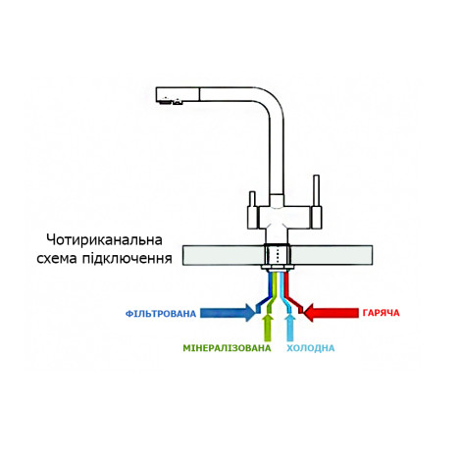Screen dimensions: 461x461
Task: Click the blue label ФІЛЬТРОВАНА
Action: click(x=161, y=314)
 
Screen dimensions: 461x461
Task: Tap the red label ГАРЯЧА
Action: click(x=381, y=313)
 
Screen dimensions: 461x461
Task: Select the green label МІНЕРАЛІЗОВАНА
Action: click(x=227, y=348)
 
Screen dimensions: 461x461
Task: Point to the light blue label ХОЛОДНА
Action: click(x=311, y=348)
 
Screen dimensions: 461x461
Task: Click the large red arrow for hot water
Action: click(x=331, y=313)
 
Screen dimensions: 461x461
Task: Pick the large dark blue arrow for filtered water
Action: click(x=228, y=313)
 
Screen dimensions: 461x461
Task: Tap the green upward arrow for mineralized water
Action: click(x=268, y=328)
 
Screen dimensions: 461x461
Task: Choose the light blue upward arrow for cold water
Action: click(x=290, y=328)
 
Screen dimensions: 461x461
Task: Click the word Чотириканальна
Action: click(x=104, y=240)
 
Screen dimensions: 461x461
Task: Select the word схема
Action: click(x=57, y=259)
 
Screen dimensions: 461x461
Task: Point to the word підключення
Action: click(x=127, y=259)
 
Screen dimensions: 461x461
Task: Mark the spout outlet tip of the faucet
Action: click(x=169, y=102)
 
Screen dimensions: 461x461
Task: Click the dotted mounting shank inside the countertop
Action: click(x=278, y=255)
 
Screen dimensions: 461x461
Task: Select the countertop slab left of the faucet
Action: click(x=224, y=255)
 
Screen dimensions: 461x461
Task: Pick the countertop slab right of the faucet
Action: click(x=332, y=255)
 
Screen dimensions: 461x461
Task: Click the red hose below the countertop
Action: click(x=292, y=293)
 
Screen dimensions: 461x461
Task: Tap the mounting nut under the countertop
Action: click(x=278, y=268)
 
